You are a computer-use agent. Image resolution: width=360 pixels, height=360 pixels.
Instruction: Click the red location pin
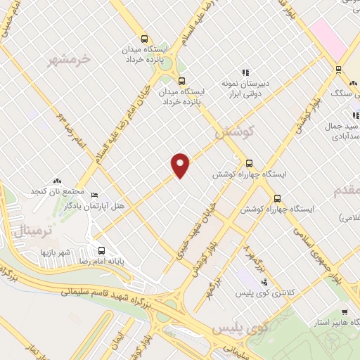[x=181, y=165]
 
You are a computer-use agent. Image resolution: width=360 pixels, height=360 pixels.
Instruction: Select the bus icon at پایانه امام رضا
[x=102, y=250]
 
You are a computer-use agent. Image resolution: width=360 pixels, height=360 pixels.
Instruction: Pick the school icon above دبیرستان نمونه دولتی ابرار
[x=245, y=72]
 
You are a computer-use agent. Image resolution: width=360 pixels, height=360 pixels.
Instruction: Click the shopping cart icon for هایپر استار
[x=345, y=313]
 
